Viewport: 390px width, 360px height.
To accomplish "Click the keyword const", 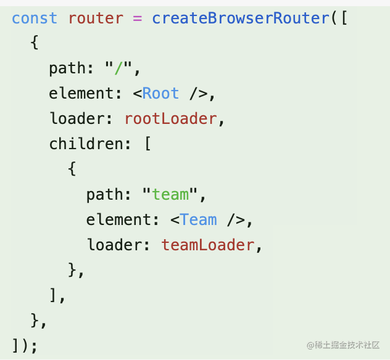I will [x=35, y=18].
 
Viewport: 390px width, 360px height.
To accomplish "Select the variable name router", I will [x=96, y=18].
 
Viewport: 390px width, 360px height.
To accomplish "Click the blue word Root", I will [x=160, y=93].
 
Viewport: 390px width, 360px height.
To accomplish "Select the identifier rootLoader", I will [x=171, y=118].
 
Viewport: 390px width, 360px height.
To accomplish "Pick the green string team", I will [x=170, y=194].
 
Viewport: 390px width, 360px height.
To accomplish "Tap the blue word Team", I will [x=198, y=219].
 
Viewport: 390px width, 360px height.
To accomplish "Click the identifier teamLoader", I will [x=207, y=245].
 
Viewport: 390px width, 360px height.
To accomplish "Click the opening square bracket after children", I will [x=147, y=144].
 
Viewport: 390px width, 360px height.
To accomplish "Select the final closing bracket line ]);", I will [x=25, y=345].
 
